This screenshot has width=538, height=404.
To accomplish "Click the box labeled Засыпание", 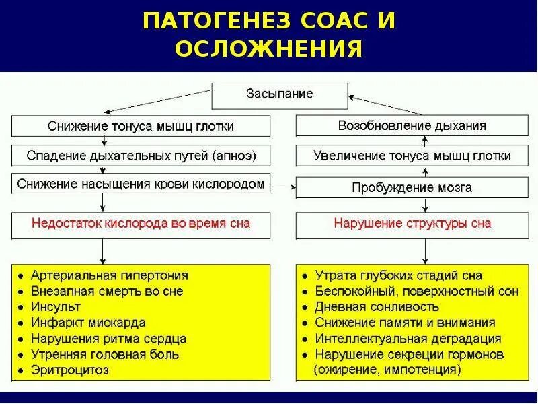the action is (x=280, y=94).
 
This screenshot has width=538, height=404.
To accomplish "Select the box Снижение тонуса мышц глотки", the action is (x=141, y=126).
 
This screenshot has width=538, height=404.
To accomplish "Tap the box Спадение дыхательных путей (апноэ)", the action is (x=141, y=156).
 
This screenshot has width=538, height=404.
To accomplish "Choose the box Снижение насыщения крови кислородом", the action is (x=141, y=184).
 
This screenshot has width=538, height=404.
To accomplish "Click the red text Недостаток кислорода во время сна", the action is (x=141, y=224).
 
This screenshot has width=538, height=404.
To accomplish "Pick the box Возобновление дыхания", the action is (x=412, y=126).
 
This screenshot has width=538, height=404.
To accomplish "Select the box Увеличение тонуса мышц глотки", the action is (x=412, y=156).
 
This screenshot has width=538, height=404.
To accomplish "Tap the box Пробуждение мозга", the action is (x=412, y=187).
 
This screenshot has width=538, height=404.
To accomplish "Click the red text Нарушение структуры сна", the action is (x=412, y=224).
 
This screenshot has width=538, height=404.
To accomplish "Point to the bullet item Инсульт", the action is (x=56, y=307).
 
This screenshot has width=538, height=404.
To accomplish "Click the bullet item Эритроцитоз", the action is (x=70, y=370).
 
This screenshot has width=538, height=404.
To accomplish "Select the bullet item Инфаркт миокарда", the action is (x=88, y=323).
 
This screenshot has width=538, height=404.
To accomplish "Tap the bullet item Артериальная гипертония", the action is (x=110, y=276).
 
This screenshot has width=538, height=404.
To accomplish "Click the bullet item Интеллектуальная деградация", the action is (x=408, y=339).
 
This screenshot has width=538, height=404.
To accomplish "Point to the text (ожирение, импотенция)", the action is (x=387, y=370).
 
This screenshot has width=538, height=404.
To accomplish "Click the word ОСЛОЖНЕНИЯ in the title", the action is (x=269, y=49).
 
